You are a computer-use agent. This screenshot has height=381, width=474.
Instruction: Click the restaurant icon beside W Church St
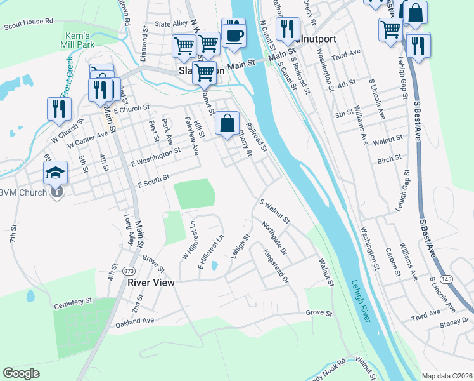point(59,109)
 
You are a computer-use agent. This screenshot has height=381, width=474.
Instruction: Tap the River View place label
point(150,282)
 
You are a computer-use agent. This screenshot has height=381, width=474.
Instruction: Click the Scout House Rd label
point(28,24)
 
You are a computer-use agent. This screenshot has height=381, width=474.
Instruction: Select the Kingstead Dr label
point(277,266)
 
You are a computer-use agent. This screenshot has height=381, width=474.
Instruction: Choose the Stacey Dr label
point(456,324)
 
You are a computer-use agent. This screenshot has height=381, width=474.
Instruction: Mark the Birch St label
point(389,157)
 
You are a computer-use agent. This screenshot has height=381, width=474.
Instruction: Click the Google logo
point(21,373)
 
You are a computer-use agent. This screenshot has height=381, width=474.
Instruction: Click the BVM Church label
point(25,192)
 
